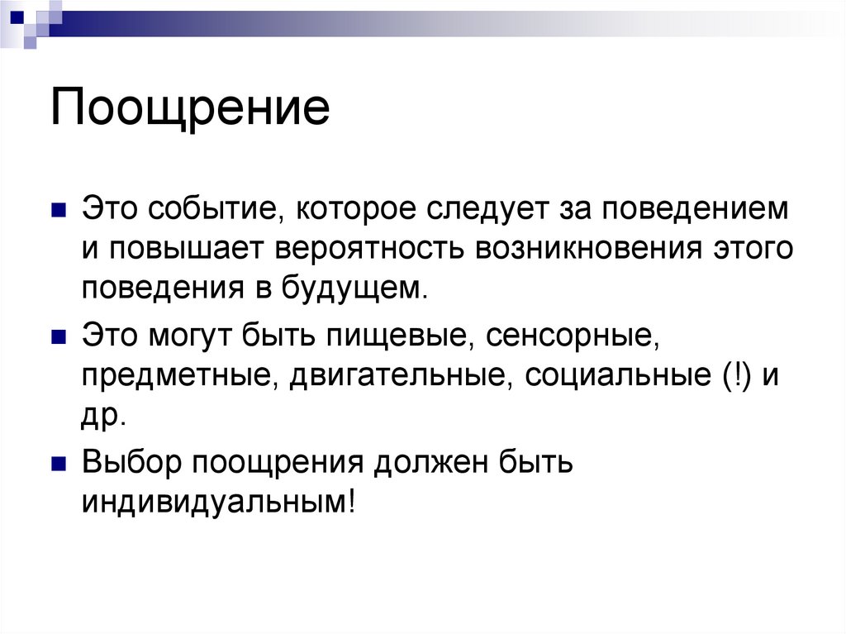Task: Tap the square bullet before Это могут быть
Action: click(x=58, y=337)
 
